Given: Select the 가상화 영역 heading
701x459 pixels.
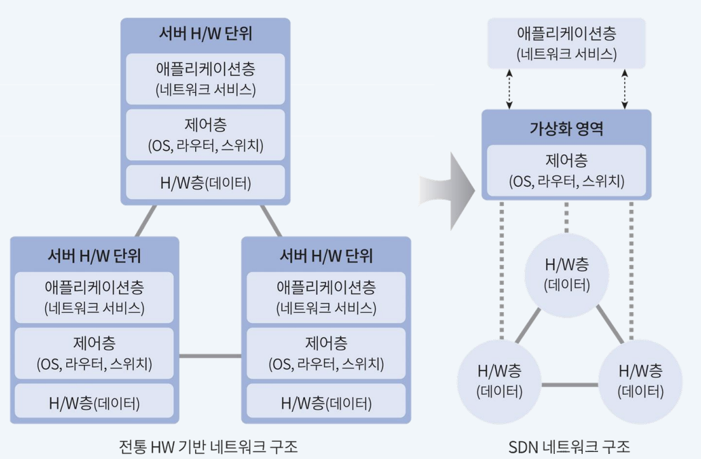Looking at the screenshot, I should tap(566, 129).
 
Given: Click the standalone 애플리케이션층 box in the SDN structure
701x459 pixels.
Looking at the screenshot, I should tap(566, 43).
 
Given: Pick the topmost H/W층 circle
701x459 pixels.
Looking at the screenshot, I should tap(567, 275).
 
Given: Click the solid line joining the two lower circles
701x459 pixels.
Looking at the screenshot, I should tap(569, 385).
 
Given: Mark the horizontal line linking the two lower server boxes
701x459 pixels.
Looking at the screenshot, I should tap(210, 356).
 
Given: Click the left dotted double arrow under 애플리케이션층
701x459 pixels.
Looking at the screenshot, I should tap(507, 88).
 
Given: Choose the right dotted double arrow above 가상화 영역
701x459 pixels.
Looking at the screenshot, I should tap(625, 88).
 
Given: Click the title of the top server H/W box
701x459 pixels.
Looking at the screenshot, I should tap(205, 34).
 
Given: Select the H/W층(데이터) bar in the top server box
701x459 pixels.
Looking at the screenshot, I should tap(205, 183).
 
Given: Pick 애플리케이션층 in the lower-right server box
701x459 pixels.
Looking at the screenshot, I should tap(326, 297).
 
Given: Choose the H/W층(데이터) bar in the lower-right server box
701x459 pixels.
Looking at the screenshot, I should tap(326, 402).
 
